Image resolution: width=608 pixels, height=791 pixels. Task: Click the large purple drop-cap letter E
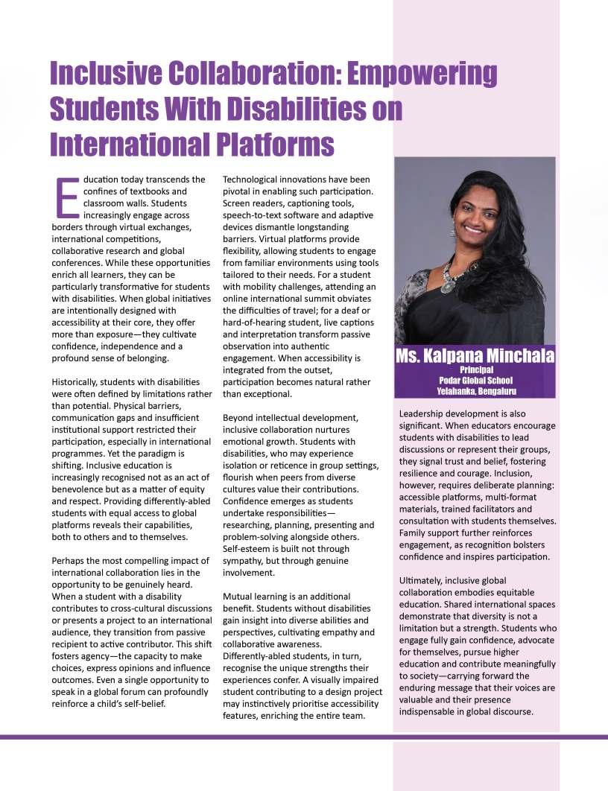(x=67, y=197)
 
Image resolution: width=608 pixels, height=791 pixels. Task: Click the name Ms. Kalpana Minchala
(x=476, y=356)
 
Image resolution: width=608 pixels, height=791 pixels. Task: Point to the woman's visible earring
(x=452, y=232)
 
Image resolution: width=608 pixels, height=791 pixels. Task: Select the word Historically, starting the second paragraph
(x=77, y=381)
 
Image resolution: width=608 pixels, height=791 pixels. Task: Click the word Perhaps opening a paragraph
(x=69, y=560)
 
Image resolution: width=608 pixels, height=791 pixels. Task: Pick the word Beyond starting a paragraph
(x=239, y=418)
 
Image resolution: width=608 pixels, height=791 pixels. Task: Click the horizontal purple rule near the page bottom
(x=304, y=737)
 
